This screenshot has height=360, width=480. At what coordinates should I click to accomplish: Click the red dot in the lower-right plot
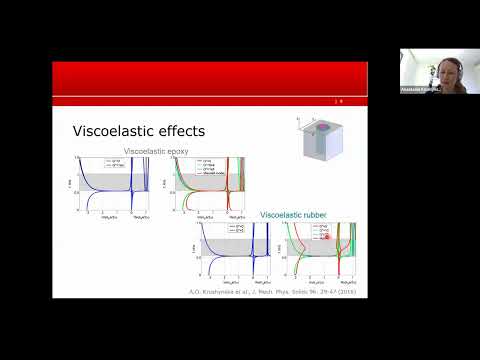(x=326, y=238)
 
